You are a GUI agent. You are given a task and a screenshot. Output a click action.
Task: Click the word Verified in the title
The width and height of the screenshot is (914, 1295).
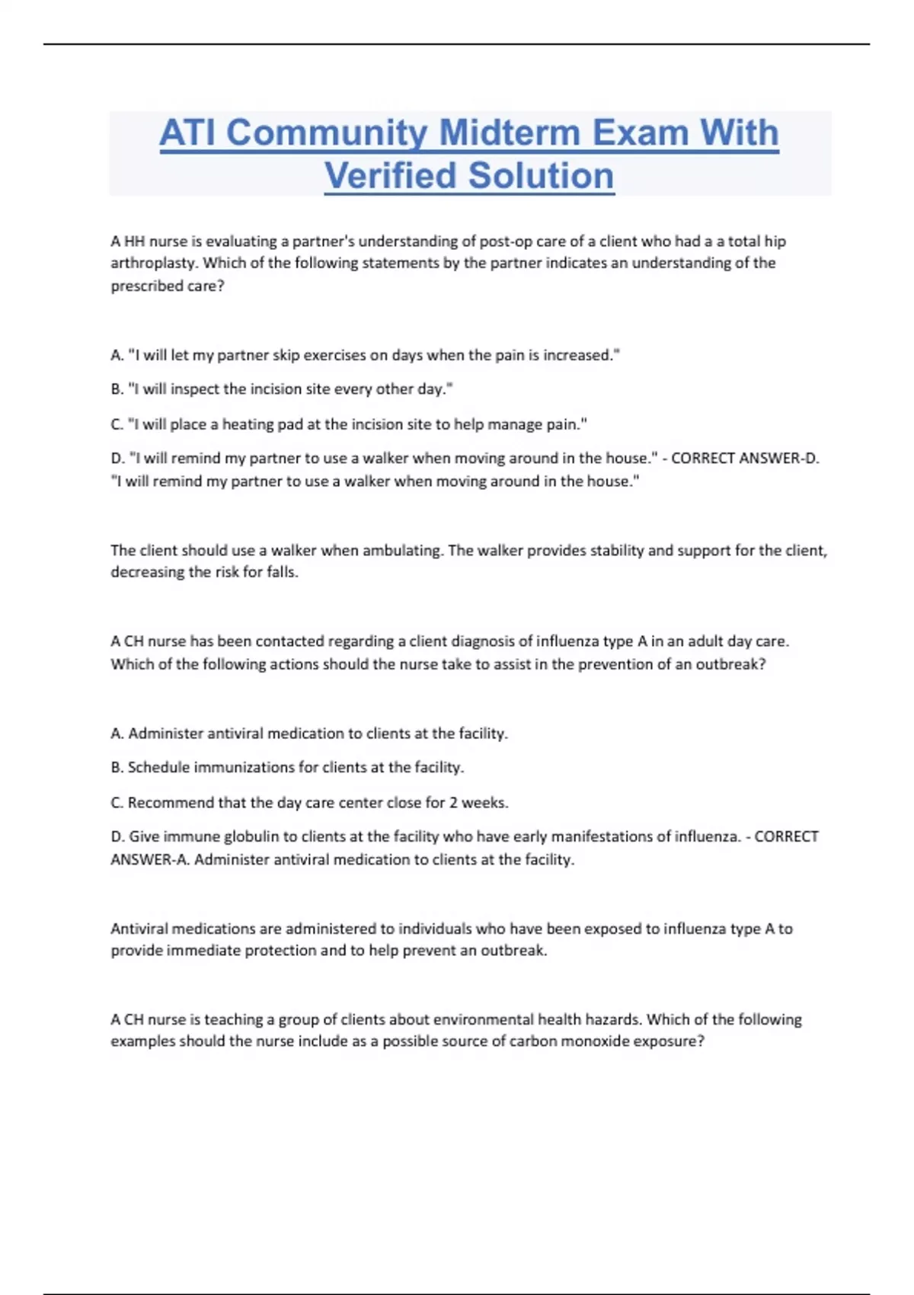point(390,176)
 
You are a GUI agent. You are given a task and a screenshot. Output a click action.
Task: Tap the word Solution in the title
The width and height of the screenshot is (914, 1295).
point(541,176)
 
